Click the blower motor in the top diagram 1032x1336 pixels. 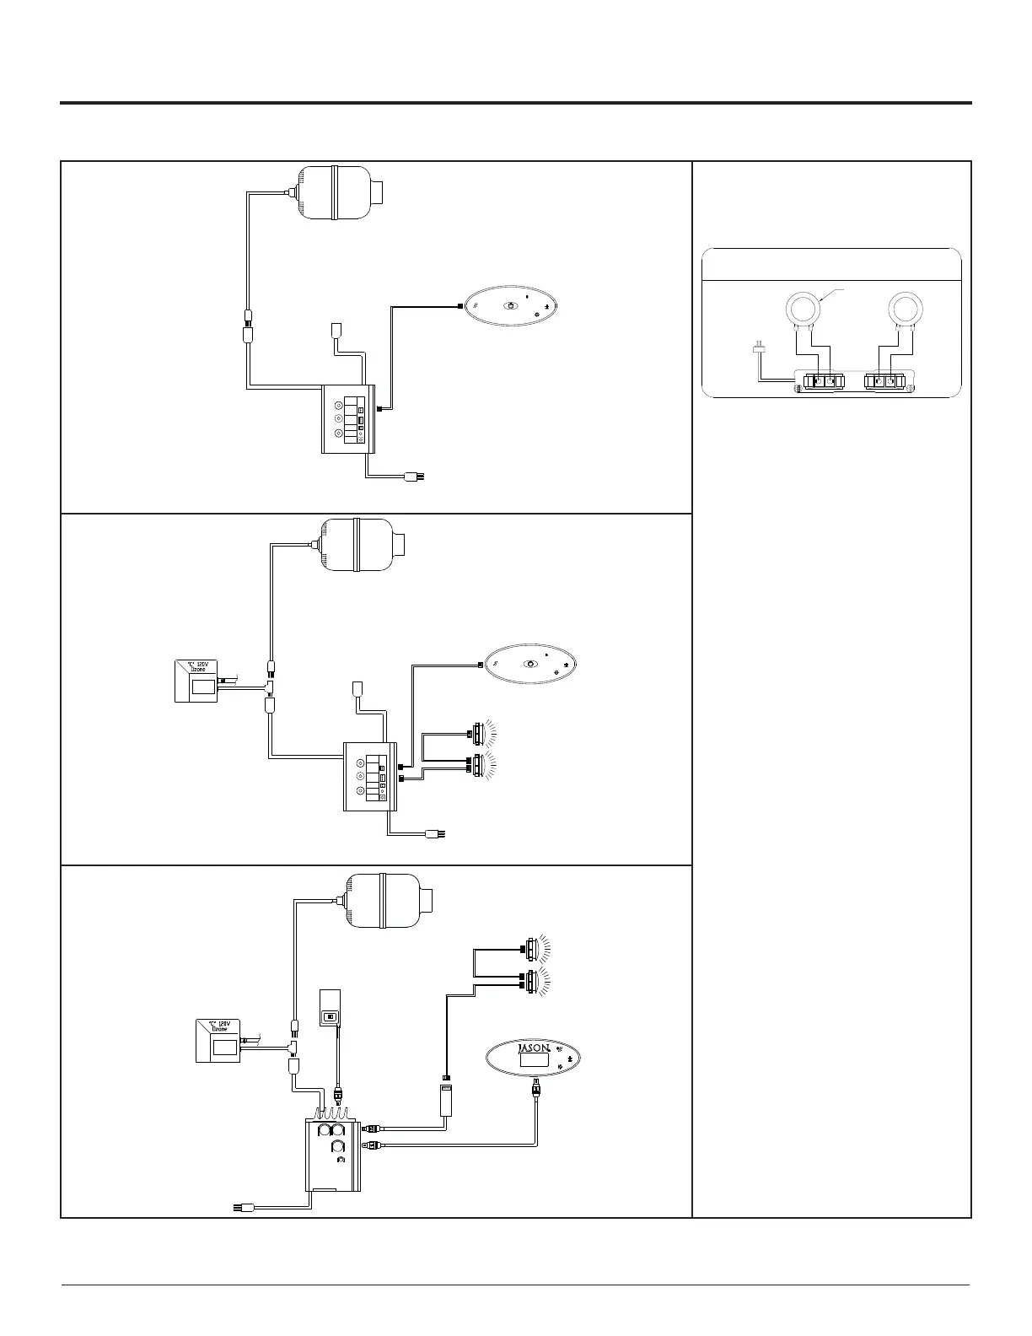pos(336,191)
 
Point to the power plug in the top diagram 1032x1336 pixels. pos(413,477)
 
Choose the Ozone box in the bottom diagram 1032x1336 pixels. pos(218,1041)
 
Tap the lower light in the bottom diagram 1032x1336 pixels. pos(531,981)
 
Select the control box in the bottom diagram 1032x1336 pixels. pos(333,1154)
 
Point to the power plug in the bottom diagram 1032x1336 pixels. pos(242,1209)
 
